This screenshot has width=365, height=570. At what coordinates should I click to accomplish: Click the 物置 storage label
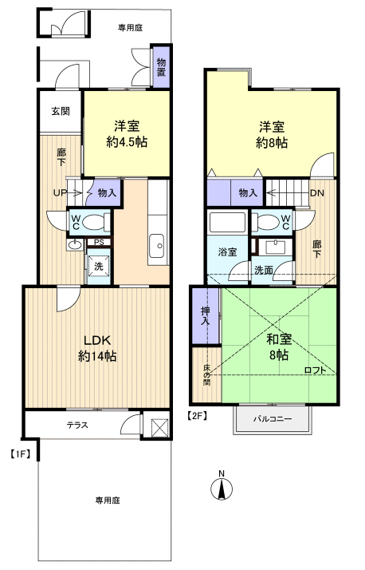coord(162,67)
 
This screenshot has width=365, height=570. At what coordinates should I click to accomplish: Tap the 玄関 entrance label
coord(60,111)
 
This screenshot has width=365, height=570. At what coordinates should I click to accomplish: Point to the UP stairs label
coord(59,192)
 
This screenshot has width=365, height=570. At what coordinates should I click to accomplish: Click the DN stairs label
coord(316,192)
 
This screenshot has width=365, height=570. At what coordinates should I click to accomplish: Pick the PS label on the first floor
coord(100,242)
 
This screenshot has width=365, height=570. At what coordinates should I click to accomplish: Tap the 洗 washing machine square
coord(100,266)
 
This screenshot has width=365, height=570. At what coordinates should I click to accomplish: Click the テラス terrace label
coord(77,425)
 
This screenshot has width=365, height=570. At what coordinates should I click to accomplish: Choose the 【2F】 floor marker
coord(198,415)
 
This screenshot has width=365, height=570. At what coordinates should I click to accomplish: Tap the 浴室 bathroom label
coord(228,251)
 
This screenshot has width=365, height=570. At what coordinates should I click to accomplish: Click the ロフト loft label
coord(316,369)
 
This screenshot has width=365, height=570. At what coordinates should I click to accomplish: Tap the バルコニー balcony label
coord(273,419)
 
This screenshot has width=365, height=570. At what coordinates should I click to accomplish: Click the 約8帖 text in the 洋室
coord(272,143)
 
